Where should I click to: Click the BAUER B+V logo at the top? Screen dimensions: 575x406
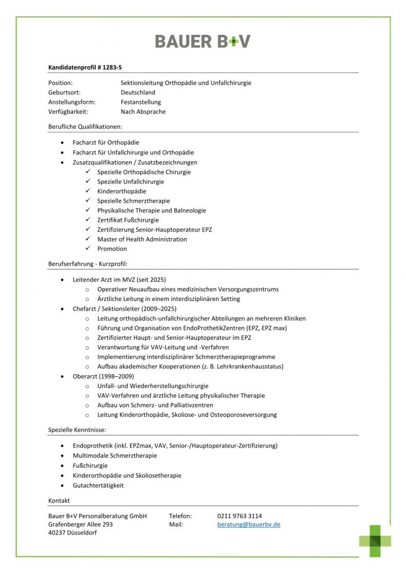(202, 41)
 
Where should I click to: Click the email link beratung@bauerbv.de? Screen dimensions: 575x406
(248, 524)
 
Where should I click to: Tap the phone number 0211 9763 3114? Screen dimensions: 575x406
(239, 515)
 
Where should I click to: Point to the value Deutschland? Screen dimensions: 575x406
(138, 92)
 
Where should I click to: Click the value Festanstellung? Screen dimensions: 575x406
(141, 102)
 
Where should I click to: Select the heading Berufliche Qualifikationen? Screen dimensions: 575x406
(85, 127)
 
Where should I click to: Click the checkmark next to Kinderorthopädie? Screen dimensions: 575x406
(88, 191)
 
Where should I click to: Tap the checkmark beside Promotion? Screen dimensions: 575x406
(88, 248)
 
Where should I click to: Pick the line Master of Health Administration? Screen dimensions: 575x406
(142, 239)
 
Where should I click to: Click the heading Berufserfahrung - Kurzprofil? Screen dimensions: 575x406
(89, 263)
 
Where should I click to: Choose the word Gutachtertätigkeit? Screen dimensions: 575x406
(98, 485)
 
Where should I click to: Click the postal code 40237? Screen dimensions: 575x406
(57, 532)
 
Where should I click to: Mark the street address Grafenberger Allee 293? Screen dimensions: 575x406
(81, 524)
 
